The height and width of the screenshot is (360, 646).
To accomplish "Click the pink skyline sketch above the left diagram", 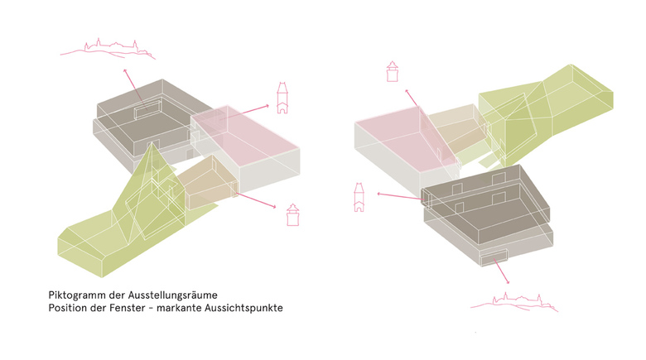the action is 108,50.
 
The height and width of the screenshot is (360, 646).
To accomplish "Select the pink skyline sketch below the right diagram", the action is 514,301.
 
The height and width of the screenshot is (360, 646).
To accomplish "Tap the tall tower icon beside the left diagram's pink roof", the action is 282,98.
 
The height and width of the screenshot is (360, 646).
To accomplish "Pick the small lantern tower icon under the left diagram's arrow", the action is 293,214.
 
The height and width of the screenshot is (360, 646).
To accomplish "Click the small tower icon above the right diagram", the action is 393,71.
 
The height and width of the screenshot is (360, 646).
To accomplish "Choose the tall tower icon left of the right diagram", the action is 359,197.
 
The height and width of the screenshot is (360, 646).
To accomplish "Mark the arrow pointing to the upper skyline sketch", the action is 133,85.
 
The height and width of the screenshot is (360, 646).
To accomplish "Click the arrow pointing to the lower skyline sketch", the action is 501,271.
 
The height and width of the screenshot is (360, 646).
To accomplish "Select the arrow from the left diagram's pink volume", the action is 243,113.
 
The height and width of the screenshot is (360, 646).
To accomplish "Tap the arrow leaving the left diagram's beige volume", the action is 255,199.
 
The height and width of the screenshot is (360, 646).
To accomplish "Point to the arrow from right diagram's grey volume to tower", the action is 401,196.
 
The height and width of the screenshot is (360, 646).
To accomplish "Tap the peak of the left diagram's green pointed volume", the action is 153,142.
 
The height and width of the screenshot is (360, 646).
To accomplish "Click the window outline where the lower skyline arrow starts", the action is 494,257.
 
